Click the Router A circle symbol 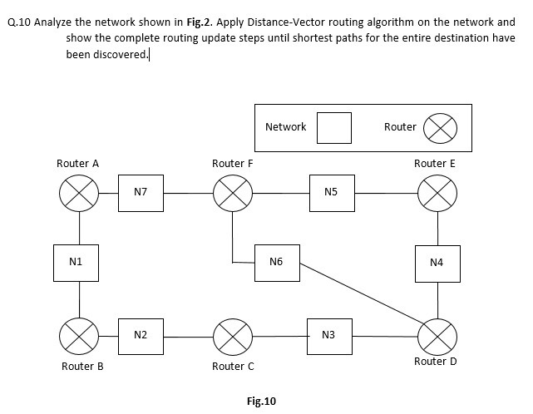(x=80, y=194)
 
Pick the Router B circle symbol (x=80, y=336)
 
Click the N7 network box (x=141, y=193)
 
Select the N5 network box (x=331, y=193)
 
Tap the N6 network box (x=277, y=262)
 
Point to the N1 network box (x=76, y=262)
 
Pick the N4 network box (x=437, y=263)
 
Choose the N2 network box (x=141, y=335)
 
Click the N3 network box (x=328, y=335)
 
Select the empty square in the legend (x=335, y=127)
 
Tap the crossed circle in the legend (x=441, y=128)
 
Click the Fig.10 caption (x=261, y=402)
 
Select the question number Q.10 (x=18, y=22)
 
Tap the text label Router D (x=435, y=362)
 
